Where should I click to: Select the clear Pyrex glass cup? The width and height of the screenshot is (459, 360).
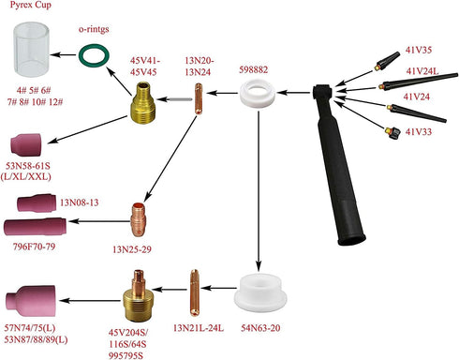[x=32, y=50]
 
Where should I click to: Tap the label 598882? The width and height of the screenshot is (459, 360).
[x=254, y=69]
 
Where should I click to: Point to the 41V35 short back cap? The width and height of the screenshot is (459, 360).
[x=387, y=61]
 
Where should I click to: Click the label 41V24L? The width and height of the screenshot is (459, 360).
[x=422, y=71]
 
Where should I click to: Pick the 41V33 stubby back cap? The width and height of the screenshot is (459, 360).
[x=393, y=133]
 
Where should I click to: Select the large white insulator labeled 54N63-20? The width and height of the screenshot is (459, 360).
[x=260, y=293]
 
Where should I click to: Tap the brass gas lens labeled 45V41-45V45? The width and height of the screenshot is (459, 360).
[x=142, y=102]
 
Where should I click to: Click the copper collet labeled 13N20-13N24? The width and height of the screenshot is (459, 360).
[x=199, y=98]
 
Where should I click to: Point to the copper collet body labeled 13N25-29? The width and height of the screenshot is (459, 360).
[x=138, y=219]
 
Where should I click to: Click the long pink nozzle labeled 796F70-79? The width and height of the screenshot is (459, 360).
[x=35, y=227]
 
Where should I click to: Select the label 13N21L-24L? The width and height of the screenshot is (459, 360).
[x=199, y=328]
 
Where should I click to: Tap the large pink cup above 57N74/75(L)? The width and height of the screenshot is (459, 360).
[x=31, y=300]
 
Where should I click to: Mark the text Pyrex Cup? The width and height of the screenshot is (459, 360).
[x=31, y=5]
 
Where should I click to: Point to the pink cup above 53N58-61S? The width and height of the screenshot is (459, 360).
[x=26, y=144]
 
